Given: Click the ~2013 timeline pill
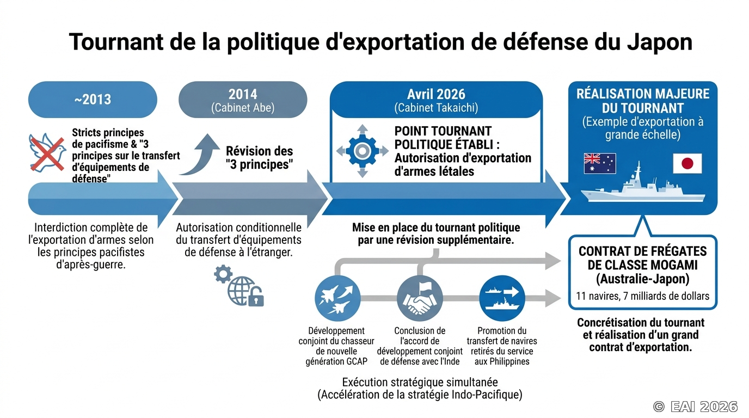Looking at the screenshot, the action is [93, 99].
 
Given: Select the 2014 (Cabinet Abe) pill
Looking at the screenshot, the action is [243, 99].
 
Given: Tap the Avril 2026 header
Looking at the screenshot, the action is [436, 99].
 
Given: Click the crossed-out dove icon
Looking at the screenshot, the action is [47, 153].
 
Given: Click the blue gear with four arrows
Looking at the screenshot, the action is [363, 151].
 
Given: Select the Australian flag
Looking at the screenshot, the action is [600, 163].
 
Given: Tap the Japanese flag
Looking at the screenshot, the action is [687, 163].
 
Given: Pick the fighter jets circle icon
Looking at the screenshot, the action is [337, 298].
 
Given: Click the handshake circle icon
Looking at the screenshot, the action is [420, 298].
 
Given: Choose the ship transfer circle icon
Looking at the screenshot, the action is [502, 298].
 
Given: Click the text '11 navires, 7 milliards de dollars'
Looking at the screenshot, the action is [642, 296].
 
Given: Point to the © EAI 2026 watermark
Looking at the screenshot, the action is [695, 407].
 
